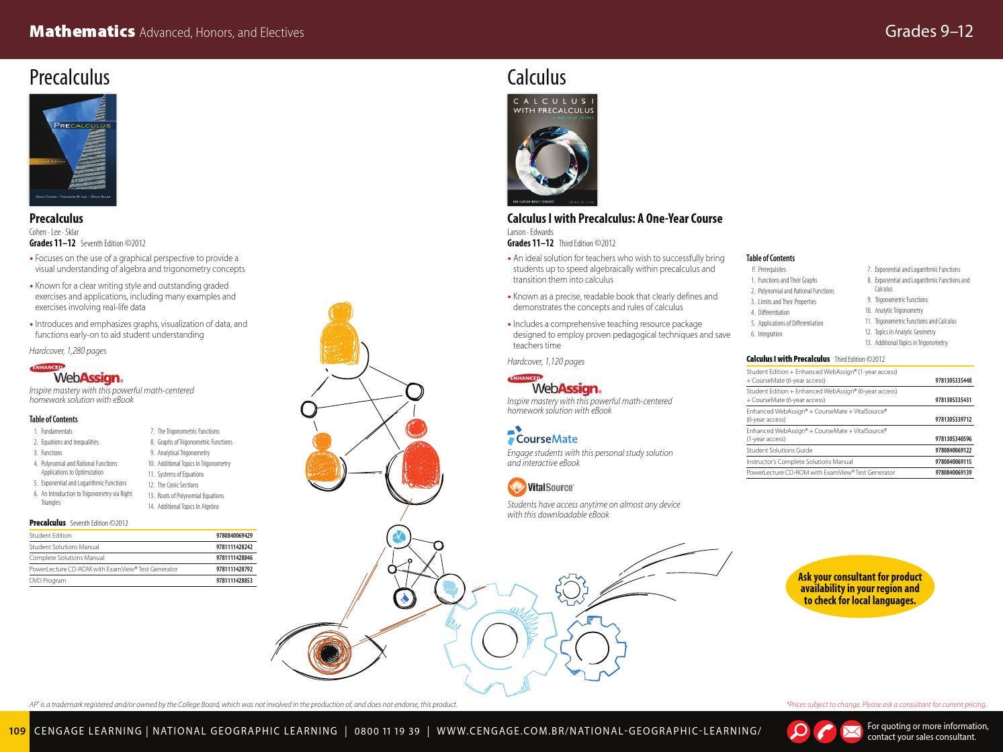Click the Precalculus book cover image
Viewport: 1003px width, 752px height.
(73, 150)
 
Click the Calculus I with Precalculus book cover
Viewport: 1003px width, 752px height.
(552, 150)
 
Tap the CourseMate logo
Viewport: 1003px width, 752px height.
(543, 438)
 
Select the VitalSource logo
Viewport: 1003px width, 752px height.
(541, 487)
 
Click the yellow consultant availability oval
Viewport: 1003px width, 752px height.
(859, 588)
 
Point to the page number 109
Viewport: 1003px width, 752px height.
(17, 731)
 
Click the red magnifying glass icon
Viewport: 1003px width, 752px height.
(798, 731)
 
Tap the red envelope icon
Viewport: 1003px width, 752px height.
(851, 731)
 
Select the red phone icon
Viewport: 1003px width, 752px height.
(825, 731)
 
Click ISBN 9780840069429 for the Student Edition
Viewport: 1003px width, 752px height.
(234, 536)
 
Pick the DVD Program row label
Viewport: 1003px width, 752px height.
(48, 580)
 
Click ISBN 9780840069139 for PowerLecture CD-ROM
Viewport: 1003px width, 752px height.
(953, 473)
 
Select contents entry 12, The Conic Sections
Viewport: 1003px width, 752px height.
(177, 485)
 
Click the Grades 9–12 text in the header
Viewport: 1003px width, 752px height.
(928, 32)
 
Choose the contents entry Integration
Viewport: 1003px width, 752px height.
(770, 334)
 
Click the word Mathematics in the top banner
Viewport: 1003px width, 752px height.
(82, 32)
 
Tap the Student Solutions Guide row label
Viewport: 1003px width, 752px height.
(779, 451)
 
